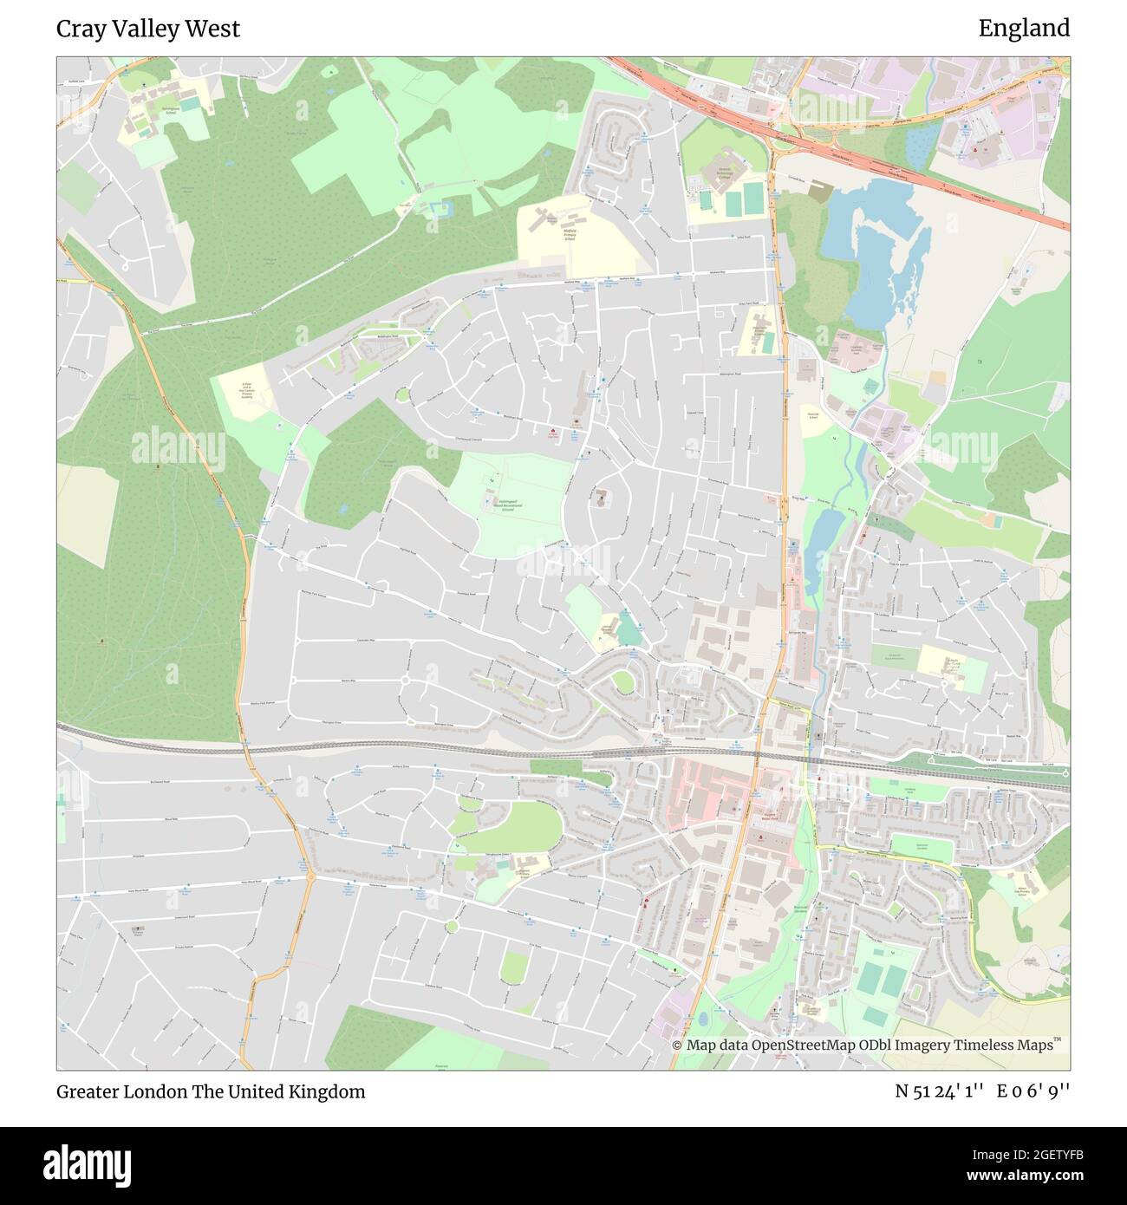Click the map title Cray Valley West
coord(147,29)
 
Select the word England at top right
coord(1024,29)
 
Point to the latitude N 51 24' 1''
coord(939,1091)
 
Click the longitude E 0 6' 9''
coord(1034,1091)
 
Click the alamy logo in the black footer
coord(87,1164)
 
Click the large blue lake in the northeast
coord(876,251)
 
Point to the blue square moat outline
coord(441,208)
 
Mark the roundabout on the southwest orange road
coord(309,876)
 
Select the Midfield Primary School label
coord(570,234)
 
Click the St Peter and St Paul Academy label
coord(245,394)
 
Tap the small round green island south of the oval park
coord(451,927)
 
